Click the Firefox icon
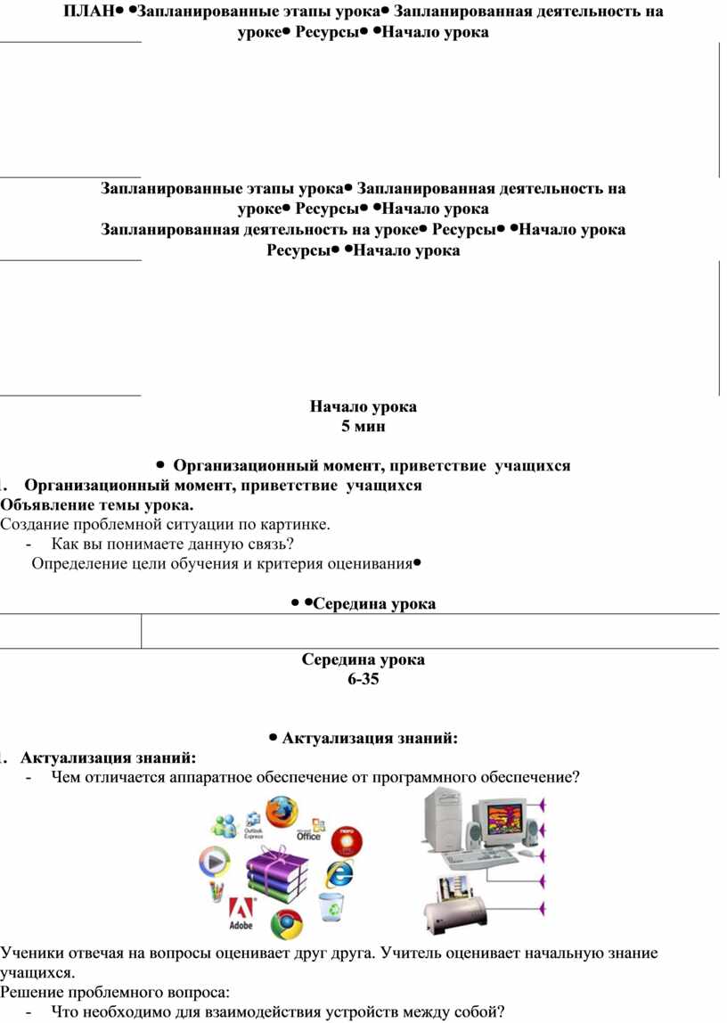coord(281,812)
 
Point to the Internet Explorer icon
coord(339,872)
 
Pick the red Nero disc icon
coord(347,840)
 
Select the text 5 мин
coord(363,427)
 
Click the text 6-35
coord(363,679)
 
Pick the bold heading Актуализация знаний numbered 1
coord(106,758)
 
